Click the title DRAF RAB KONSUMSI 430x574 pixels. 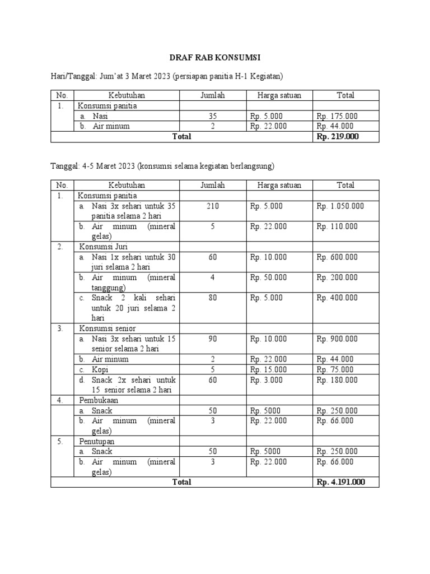[214, 58]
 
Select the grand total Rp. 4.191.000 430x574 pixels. [340, 482]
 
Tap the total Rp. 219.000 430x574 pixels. [338, 136]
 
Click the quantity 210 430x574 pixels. [213, 206]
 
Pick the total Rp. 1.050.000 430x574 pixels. [340, 206]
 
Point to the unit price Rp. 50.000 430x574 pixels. [269, 277]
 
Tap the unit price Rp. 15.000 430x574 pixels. [269, 369]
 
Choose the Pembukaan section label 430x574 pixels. [99, 401]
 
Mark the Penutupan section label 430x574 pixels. [98, 441]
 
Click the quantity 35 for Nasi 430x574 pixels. [213, 116]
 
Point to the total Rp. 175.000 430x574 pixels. [337, 116]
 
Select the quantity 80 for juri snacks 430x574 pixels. [213, 298]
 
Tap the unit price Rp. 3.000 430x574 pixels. [267, 380]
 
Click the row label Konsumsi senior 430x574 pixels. [106, 328]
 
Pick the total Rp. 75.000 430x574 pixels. [335, 369]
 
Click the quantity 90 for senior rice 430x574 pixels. [213, 339]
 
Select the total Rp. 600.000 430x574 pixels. [337, 257]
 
